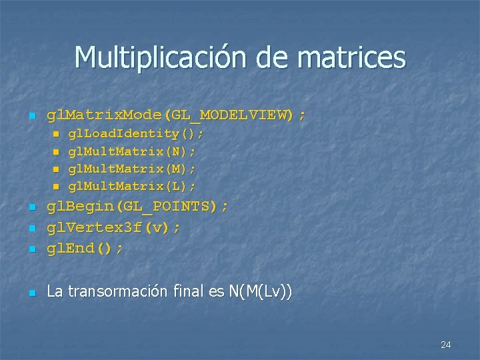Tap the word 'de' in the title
pyautogui.click(x=273, y=57)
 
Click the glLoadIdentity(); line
pyautogui.click(x=137, y=134)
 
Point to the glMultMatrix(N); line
pyautogui.click(x=133, y=151)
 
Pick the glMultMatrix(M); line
pyautogui.click(x=133, y=168)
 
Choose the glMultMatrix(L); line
pyautogui.click(x=133, y=185)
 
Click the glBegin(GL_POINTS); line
pyautogui.click(x=137, y=207)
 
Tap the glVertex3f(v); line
pyautogui.click(x=113, y=228)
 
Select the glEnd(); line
pyautogui.click(x=85, y=249)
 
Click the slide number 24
pyautogui.click(x=446, y=345)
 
